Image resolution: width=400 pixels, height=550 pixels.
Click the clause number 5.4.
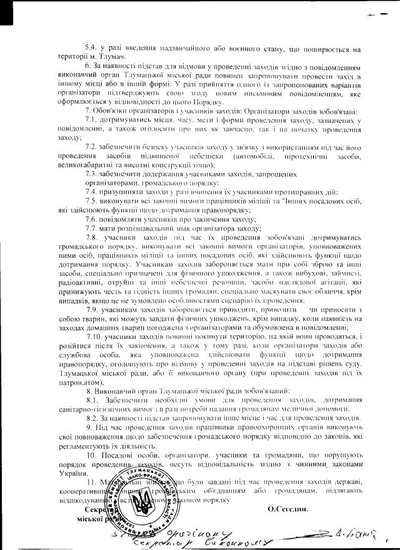coord(90,49)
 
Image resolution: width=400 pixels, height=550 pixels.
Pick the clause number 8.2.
coord(92,418)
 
